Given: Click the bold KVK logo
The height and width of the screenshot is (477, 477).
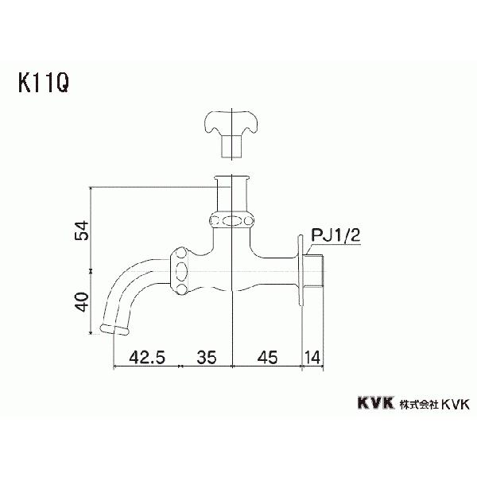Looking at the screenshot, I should point(365,403).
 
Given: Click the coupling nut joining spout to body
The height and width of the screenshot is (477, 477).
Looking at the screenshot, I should point(181,270).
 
